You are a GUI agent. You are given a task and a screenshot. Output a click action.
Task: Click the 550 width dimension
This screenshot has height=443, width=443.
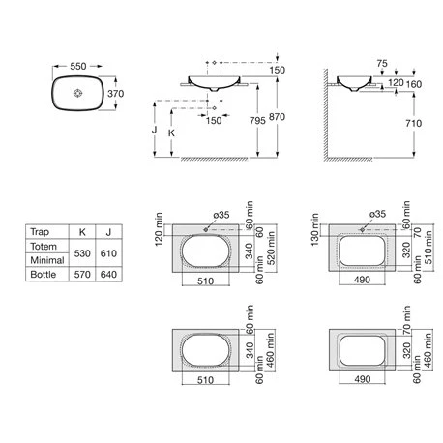pos(78,66)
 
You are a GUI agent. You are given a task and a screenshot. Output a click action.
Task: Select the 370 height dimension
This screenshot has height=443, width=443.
pos(115,94)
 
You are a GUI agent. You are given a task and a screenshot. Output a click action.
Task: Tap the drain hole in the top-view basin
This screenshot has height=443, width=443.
pos(77,93)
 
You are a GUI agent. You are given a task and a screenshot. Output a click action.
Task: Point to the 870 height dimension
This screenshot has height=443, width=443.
pos(277,117)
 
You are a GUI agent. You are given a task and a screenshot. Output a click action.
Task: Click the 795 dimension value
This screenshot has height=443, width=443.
pos(257,120)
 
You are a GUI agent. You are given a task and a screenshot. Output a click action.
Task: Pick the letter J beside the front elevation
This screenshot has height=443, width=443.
pos(155,130)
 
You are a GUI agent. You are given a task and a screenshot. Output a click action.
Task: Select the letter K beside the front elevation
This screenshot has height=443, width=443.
pos(171,133)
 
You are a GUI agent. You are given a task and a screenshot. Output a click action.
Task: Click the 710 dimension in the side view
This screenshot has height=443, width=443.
pos(414,123)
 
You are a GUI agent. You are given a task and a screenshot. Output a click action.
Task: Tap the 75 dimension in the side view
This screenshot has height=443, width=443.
pos(382,63)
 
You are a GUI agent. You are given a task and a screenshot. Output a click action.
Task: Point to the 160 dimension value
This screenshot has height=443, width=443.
pos(414,84)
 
